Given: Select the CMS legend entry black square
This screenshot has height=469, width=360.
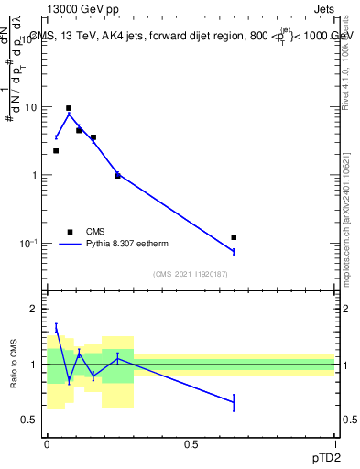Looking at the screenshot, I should tap(70, 232).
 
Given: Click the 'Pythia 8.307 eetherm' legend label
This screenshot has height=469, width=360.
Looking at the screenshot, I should tap(127, 244).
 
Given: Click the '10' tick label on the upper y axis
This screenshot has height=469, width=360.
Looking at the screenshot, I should tap(31, 107).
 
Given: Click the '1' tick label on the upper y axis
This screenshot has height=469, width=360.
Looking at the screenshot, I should tap(34, 175).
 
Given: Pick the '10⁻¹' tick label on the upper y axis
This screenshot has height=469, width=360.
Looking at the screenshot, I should tap(28, 243).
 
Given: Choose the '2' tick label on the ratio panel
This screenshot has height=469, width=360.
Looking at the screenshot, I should tap(34, 309).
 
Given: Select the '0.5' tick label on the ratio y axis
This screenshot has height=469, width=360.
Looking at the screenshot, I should tap(29, 420).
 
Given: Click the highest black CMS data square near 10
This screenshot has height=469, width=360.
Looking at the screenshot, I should tap(69, 108).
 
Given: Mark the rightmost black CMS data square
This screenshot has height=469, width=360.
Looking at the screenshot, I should tap(234, 237).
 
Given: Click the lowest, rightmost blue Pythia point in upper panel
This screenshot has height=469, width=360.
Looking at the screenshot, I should tap(234, 251).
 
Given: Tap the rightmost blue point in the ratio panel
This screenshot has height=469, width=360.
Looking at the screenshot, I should tap(234, 402).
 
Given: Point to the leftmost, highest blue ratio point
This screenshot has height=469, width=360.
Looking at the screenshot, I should tap(56, 328).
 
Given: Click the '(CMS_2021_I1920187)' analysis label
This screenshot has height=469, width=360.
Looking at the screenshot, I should tap(191, 274).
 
